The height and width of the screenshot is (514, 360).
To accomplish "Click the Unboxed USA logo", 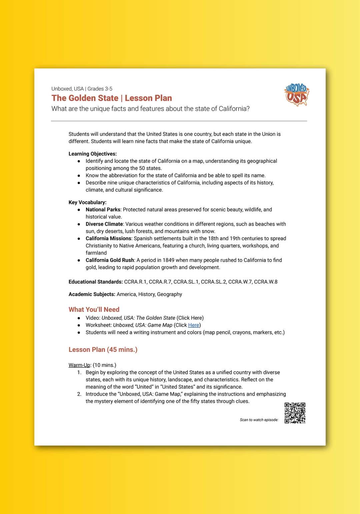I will [297, 95].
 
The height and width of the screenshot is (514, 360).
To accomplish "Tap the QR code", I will [295, 413].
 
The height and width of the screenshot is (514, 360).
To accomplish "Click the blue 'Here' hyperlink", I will [193, 325].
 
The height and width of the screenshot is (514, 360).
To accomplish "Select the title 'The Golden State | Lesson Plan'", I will [112, 98].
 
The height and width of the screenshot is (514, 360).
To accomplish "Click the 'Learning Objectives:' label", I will [93, 154].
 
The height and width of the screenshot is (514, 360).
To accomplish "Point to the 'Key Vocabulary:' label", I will [88, 202].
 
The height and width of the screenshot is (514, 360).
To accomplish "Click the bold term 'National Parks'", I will [103, 210].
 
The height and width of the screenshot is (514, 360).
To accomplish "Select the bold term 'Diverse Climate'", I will [104, 224].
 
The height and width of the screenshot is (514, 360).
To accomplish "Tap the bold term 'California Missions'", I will [108, 238].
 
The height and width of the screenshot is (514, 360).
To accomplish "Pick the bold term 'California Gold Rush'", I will [110, 260].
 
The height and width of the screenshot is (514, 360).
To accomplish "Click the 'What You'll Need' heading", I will [94, 309].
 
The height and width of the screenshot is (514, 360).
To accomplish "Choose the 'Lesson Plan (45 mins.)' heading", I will [103, 350].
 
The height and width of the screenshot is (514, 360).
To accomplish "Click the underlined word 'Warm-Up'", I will [79, 365].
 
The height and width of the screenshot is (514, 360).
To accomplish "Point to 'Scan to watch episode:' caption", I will [259, 420].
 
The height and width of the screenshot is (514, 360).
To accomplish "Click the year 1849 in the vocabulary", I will [168, 260].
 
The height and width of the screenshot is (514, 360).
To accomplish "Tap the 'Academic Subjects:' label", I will [92, 294].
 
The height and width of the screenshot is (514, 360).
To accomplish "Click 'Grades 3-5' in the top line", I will [100, 89].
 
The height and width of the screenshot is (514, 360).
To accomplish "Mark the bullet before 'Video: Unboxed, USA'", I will [79, 318].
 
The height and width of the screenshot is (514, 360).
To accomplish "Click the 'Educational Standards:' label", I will [96, 282].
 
